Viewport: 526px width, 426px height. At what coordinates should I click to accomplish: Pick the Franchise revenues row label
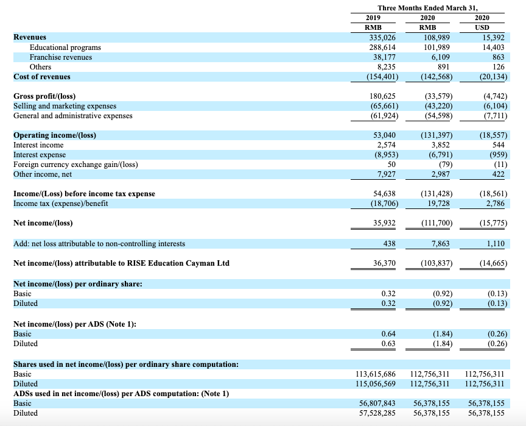pyautogui.click(x=61, y=57)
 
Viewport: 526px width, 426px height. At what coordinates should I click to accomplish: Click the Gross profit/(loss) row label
pyautogui.click(x=44, y=96)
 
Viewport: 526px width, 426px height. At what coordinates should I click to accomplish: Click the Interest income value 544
pyautogui.click(x=499, y=145)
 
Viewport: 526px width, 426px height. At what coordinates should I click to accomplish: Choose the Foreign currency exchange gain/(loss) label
pyautogui.click(x=75, y=165)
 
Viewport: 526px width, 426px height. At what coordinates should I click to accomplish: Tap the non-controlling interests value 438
pyautogui.click(x=388, y=244)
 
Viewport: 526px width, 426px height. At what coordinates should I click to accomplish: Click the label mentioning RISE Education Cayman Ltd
pyautogui.click(x=121, y=263)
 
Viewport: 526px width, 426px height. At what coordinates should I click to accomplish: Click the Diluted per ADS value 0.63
pyautogui.click(x=388, y=344)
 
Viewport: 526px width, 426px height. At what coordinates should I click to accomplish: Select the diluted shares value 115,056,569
pyautogui.click(x=375, y=384)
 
